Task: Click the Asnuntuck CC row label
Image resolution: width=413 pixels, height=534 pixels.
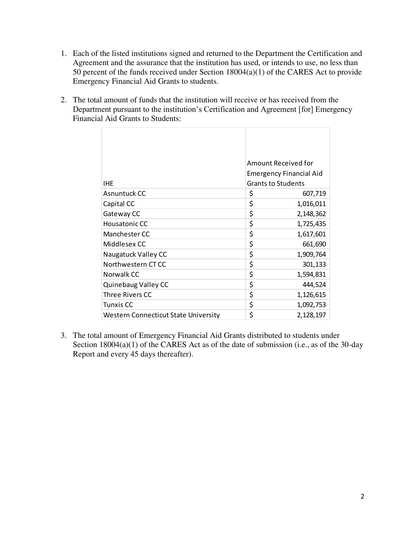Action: (124, 194)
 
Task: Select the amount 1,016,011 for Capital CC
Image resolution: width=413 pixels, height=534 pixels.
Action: (311, 204)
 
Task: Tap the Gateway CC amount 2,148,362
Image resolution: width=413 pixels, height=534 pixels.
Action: (311, 214)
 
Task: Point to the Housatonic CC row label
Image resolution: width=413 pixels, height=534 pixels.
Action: (125, 224)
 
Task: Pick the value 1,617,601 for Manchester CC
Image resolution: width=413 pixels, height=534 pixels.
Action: (311, 234)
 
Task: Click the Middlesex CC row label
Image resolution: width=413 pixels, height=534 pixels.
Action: (124, 244)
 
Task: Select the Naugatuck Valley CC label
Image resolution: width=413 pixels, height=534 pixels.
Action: (135, 254)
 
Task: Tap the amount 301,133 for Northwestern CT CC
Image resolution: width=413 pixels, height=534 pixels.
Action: (314, 264)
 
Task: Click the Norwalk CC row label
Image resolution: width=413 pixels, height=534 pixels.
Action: (121, 275)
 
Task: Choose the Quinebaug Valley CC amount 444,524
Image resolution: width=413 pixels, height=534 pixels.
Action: (314, 285)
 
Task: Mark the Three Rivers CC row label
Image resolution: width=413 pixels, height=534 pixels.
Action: (127, 295)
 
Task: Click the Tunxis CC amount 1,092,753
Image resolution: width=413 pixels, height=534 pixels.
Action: (311, 305)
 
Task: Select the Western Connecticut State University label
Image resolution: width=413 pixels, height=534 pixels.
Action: (161, 315)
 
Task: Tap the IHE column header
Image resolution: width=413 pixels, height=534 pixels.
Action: (108, 184)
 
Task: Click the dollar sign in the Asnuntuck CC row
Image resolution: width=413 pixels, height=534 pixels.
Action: (251, 194)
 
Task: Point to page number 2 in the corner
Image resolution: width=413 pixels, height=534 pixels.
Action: (362, 497)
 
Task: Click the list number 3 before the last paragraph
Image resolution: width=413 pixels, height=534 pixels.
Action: (63, 335)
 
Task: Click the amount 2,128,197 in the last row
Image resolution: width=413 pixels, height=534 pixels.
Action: (311, 315)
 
